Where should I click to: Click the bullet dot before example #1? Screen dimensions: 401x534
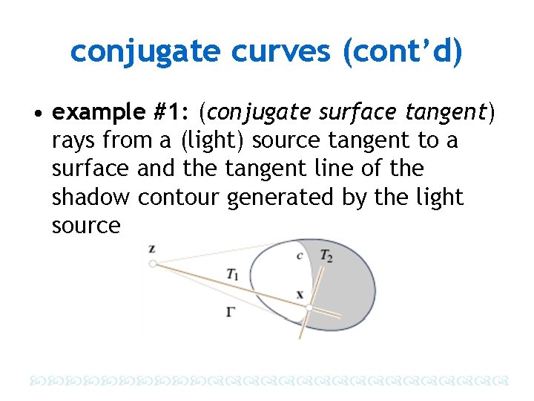tap(36, 114)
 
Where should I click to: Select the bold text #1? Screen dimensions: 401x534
tap(171, 112)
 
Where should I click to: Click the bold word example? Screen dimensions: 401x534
tap(99, 112)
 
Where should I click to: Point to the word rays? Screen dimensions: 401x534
tap(73, 140)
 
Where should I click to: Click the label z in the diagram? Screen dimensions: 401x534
tap(151, 248)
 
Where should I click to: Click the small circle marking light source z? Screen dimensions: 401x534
tap(152, 263)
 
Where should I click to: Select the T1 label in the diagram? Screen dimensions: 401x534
tap(233, 274)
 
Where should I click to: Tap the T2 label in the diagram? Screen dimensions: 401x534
tap(326, 255)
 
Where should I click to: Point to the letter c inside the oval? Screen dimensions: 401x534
tap(300, 256)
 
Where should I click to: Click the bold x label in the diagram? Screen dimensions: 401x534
tap(300, 294)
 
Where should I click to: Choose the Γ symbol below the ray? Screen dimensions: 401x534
tap(231, 312)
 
